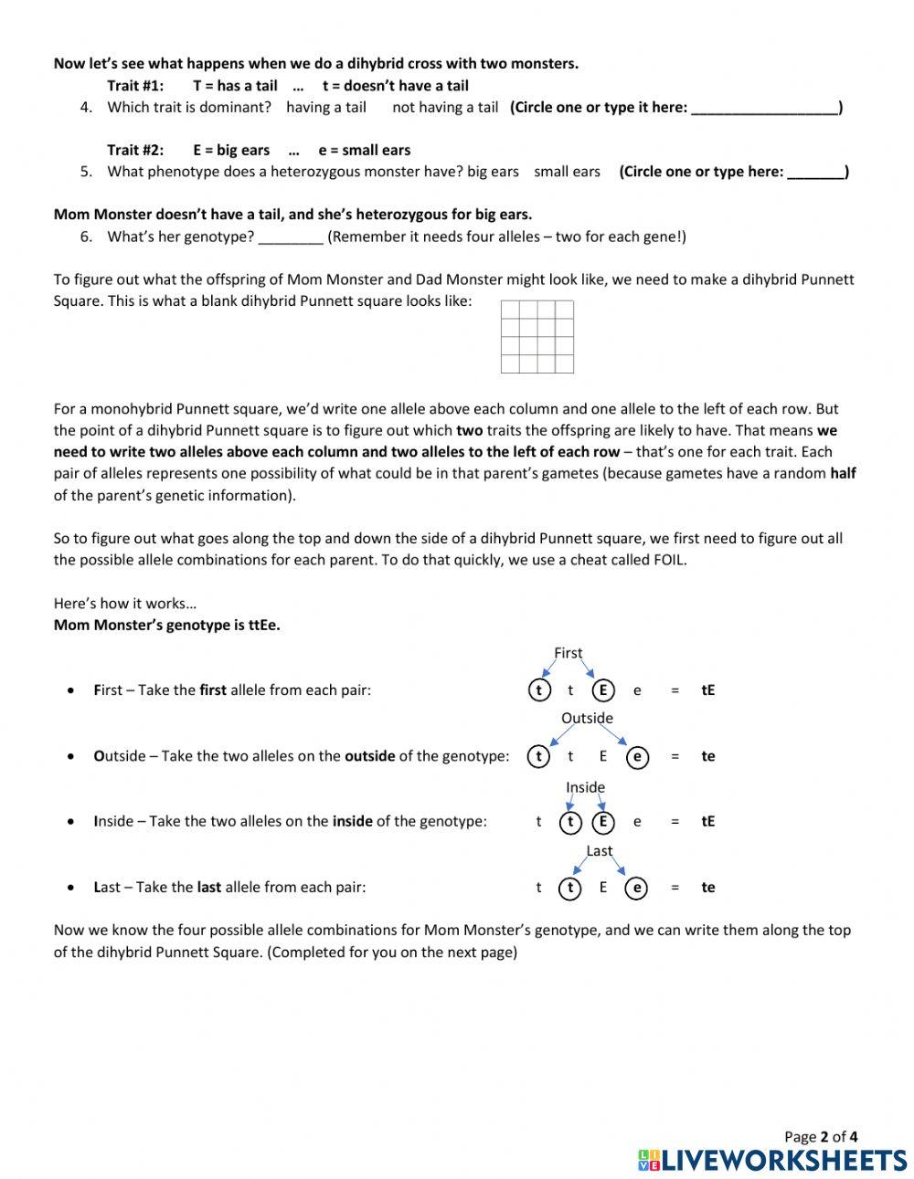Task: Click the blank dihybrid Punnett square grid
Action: pyautogui.click(x=537, y=337)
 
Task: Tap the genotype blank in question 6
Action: pyautogui.click(x=291, y=237)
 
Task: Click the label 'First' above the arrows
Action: pyautogui.click(x=568, y=653)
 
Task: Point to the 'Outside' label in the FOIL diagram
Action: pyautogui.click(x=587, y=718)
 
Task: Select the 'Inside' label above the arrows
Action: pyautogui.click(x=585, y=787)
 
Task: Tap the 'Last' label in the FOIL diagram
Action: pyautogui.click(x=600, y=851)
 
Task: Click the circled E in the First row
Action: pyautogui.click(x=603, y=690)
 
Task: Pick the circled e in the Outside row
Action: pyautogui.click(x=637, y=756)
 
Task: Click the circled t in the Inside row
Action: pyautogui.click(x=570, y=822)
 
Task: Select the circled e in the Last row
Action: pyautogui.click(x=637, y=888)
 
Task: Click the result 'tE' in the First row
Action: pyautogui.click(x=708, y=690)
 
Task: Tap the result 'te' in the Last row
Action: pyautogui.click(x=708, y=888)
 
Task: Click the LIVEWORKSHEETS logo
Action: pyautogui.click(x=772, y=1160)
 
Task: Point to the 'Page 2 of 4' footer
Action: pyautogui.click(x=821, y=1137)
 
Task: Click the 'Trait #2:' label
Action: pyautogui.click(x=135, y=151)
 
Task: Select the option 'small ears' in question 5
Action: pyautogui.click(x=567, y=172)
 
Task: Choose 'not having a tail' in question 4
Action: pyautogui.click(x=445, y=108)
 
